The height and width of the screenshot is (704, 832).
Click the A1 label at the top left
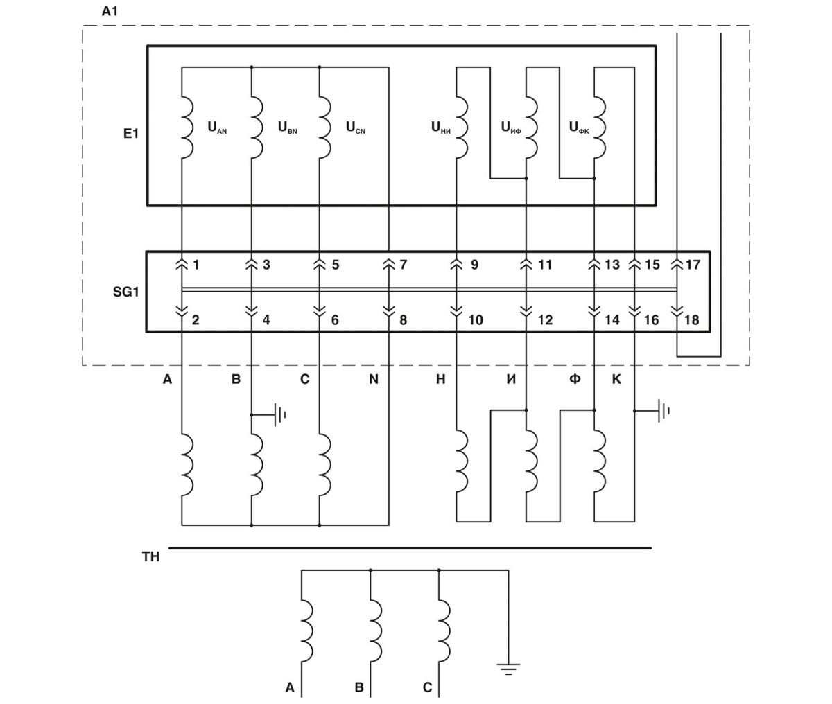[x=109, y=12]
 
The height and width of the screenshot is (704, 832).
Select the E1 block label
[x=131, y=134]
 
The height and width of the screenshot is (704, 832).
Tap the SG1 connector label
[x=126, y=292]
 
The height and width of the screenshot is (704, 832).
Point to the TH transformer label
[x=150, y=556]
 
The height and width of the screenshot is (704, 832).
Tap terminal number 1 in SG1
[x=196, y=265]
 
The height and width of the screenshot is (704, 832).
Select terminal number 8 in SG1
[x=403, y=321]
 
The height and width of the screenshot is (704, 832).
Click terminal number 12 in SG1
[x=545, y=321]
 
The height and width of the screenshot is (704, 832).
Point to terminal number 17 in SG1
[x=693, y=265]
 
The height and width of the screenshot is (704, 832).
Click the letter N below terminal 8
[x=374, y=380]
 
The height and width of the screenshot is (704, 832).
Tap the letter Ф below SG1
[x=575, y=380]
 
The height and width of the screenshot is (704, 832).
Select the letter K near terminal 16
[x=616, y=380]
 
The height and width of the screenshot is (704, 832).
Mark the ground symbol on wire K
[x=663, y=411]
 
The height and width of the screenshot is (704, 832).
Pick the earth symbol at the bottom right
[x=508, y=669]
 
